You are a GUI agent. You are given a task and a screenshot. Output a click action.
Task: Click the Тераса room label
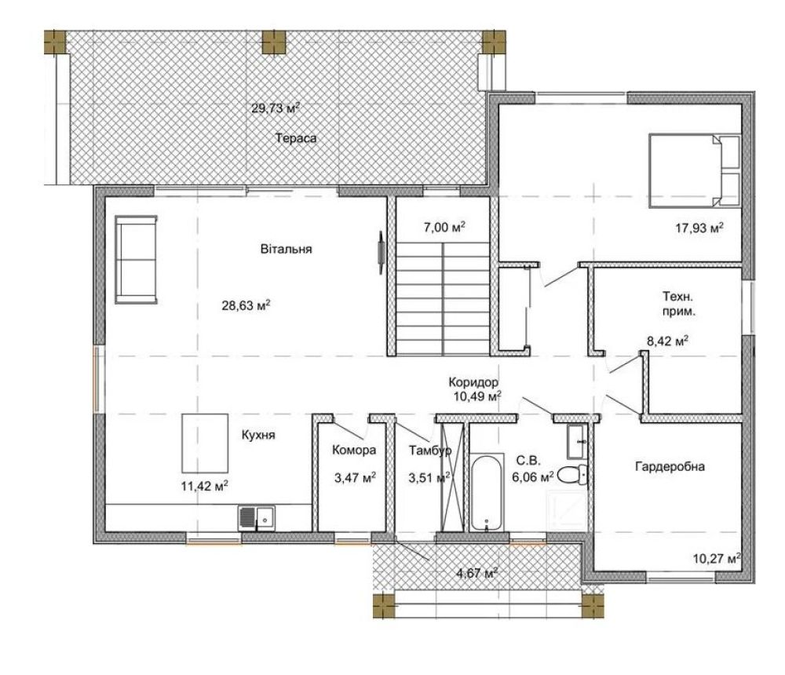[x=296, y=138]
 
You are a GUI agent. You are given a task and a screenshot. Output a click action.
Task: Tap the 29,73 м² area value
[x=276, y=108]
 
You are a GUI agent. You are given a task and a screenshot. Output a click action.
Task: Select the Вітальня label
[x=286, y=249]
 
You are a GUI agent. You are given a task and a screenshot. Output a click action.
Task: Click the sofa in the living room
[x=136, y=259]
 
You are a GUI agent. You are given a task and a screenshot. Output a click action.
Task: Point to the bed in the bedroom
[x=695, y=170]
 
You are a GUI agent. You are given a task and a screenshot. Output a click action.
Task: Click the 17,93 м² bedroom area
[x=699, y=228]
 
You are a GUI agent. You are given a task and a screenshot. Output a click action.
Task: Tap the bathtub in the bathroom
[x=487, y=491]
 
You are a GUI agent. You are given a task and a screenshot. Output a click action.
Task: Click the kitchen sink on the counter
[x=257, y=518]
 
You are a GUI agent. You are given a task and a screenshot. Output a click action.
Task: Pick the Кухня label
[x=258, y=435]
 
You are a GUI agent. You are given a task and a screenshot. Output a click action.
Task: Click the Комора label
[x=354, y=451]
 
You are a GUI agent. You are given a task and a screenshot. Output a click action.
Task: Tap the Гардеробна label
[x=670, y=467]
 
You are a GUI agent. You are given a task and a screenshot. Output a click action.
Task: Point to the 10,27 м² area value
[x=717, y=558]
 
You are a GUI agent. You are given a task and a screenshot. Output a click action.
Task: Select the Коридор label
[x=473, y=382]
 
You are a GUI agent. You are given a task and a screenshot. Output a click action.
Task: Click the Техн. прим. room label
[x=678, y=304]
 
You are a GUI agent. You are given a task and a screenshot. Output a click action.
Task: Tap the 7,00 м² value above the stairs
[x=444, y=228]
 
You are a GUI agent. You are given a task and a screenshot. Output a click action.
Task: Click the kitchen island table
[x=205, y=443]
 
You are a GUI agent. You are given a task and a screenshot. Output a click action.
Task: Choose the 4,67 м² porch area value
[x=477, y=572]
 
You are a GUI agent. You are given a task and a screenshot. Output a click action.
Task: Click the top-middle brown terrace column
[x=274, y=42]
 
